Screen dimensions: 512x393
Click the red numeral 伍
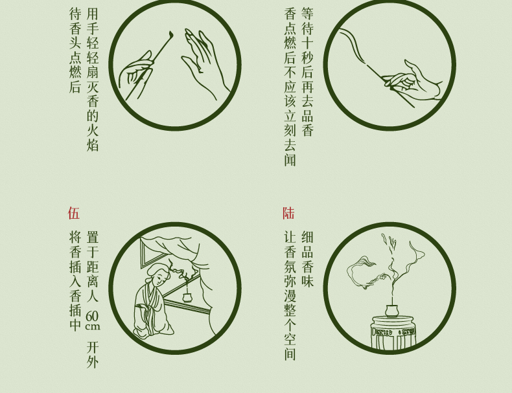pos(74,213)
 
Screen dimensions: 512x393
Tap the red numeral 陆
pos(288,213)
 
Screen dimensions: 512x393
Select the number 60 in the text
pos(93,316)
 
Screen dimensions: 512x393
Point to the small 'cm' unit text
pos(93,326)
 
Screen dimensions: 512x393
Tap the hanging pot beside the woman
pos(187,297)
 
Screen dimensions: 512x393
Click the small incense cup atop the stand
pos(391,310)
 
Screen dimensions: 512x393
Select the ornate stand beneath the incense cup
pos(393,332)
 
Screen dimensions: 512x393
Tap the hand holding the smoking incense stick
pos(413,80)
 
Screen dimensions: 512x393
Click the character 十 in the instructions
pos(307,42)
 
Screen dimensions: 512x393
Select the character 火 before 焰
pos(93,129)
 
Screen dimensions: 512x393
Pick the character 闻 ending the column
pos(290,159)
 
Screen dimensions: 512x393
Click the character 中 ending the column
pos(75,324)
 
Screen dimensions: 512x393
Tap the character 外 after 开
pos(93,362)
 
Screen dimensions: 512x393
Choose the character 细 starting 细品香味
pos(307,237)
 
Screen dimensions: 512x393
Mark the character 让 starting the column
pos(290,237)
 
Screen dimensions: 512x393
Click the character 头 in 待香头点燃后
pos(75,42)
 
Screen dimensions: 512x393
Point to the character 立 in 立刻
pos(290,116)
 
